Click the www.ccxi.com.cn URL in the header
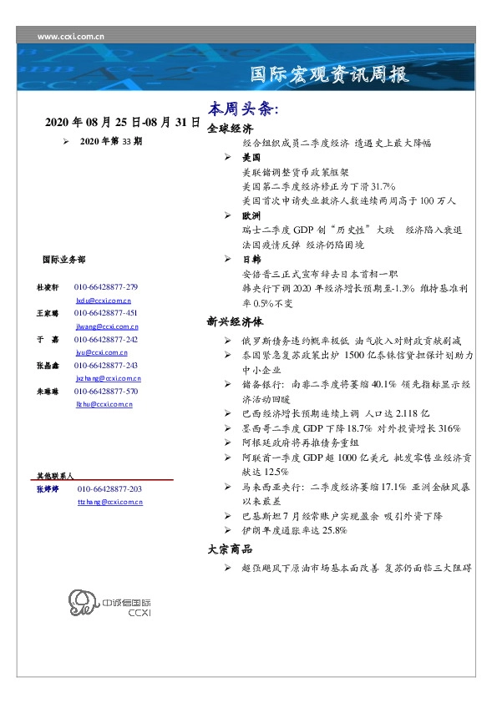click(x=72, y=37)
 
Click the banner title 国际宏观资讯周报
click(x=330, y=75)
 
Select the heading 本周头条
click(x=242, y=110)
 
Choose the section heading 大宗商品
click(x=230, y=549)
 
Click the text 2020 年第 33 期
click(x=111, y=142)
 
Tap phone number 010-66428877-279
click(x=106, y=286)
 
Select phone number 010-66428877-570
click(x=106, y=391)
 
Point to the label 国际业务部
click(x=63, y=260)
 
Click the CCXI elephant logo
click(x=84, y=603)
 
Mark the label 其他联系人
click(x=55, y=474)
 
